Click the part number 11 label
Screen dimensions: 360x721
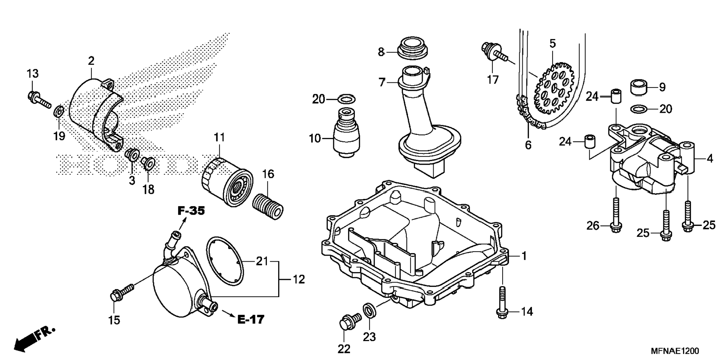(219, 138)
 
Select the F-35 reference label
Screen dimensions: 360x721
(191, 211)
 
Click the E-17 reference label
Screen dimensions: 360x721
(251, 319)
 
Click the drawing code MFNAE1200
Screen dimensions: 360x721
(675, 351)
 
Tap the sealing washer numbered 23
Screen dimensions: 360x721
(369, 310)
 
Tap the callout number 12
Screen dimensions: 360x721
(298, 279)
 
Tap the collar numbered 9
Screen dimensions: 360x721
(638, 87)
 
